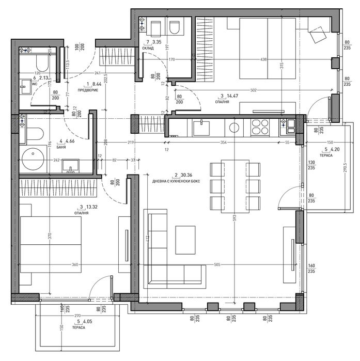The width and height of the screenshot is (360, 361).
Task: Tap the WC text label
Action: click(x=35, y=82)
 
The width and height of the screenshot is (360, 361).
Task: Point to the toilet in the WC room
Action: click(x=41, y=65)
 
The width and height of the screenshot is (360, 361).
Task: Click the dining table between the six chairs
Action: click(x=234, y=186)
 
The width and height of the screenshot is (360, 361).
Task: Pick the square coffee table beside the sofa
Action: click(x=185, y=240)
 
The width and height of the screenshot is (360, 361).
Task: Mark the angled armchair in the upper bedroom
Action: click(x=317, y=35)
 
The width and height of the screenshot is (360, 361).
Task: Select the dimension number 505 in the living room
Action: click(x=217, y=264)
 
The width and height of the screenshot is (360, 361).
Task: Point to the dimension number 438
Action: click(x=249, y=59)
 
